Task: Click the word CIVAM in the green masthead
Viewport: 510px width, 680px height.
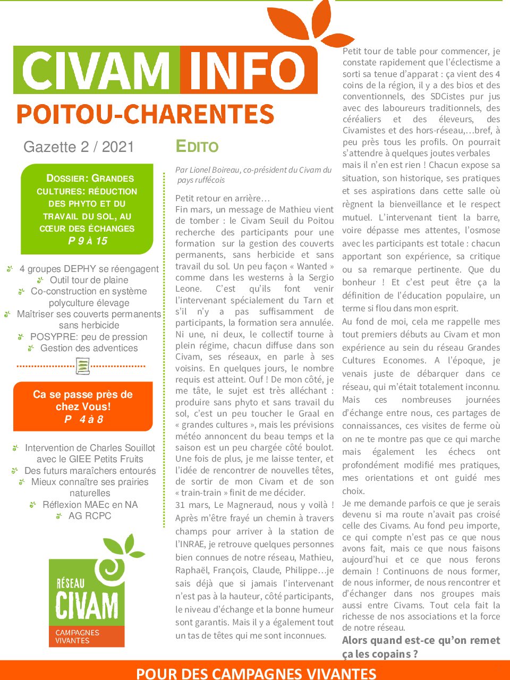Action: [x=96, y=71]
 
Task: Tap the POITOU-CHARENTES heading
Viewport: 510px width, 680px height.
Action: [x=145, y=114]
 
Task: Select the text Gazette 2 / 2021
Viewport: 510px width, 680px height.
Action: [x=79, y=147]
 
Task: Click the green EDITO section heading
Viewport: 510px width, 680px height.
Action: [x=197, y=147]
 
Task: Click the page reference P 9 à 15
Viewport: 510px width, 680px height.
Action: [x=88, y=241]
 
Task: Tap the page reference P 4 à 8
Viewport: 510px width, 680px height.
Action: [x=83, y=419]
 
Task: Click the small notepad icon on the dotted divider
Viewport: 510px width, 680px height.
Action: [x=82, y=365]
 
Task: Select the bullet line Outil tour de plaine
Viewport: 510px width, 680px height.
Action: [x=89, y=280]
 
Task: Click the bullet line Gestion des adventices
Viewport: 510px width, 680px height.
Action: [x=89, y=348]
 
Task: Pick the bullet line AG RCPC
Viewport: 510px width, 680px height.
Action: [x=89, y=515]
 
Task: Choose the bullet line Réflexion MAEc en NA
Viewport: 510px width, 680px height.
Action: [x=90, y=504]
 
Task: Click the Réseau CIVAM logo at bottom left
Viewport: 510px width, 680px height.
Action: [x=88, y=592]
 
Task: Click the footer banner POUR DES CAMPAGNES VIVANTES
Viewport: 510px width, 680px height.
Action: [x=256, y=673]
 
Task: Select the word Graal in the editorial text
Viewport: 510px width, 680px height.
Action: [x=310, y=413]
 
